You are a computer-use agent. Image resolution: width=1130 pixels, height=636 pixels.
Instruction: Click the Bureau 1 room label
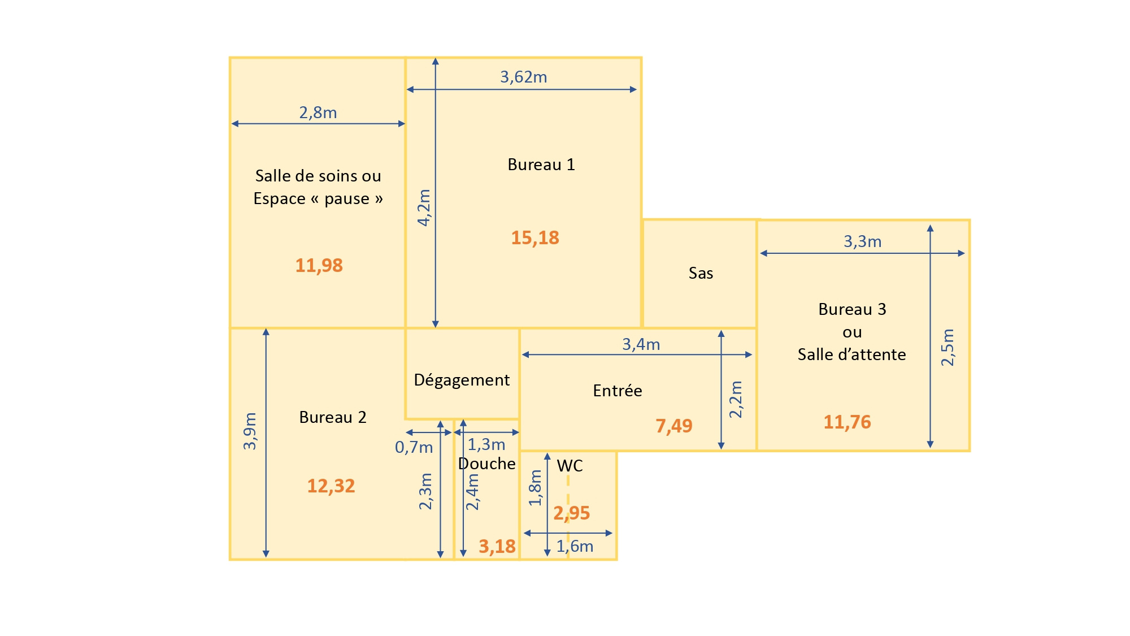coord(541,165)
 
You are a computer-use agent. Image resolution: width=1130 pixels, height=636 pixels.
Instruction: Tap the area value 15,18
coord(535,238)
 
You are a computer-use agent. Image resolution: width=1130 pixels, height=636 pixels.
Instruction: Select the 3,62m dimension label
coord(524,77)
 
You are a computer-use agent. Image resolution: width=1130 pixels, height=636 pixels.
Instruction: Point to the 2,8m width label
coord(318,113)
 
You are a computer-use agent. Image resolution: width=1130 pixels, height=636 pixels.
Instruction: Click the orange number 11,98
coord(319,266)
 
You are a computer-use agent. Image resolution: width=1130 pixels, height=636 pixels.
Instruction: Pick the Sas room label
coord(701,274)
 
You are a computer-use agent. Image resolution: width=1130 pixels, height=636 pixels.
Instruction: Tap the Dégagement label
coord(462,380)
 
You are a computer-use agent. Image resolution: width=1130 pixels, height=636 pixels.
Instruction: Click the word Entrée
coord(618,391)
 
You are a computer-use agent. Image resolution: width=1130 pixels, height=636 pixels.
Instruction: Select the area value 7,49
coord(674,426)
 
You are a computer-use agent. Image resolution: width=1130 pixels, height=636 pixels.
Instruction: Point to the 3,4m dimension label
coord(641,344)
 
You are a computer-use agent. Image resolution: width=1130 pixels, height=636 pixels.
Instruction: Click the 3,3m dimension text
coord(863,241)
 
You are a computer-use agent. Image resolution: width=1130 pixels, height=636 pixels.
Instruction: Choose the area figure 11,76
coord(847,422)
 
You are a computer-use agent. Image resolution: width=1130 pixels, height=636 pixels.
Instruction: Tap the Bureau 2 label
coord(333,417)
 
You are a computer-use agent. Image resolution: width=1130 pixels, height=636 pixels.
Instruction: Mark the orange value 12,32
coord(331,486)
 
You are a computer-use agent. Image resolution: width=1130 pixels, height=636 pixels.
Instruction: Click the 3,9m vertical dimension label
coord(250,431)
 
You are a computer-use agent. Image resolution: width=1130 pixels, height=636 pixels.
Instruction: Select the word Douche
coord(487,464)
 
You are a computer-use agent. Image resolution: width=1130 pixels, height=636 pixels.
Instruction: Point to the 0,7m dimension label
coord(414,447)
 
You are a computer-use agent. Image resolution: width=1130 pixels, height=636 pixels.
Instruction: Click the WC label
coord(570,466)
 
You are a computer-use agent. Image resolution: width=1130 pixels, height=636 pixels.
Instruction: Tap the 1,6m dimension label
coord(575,546)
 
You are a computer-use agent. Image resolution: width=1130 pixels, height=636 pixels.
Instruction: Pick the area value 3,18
coord(497,547)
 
